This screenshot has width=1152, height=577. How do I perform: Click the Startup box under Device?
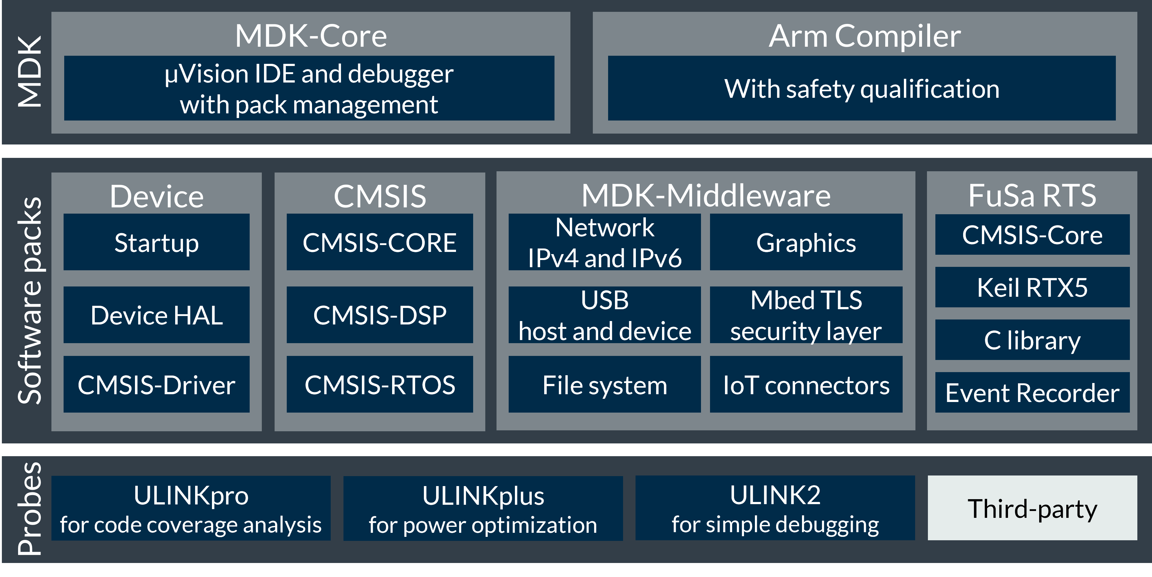click(156, 242)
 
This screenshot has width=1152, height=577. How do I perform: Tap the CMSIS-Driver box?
click(156, 384)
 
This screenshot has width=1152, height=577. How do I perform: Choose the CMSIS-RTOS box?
click(380, 384)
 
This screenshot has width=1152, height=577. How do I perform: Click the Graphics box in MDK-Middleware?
click(806, 242)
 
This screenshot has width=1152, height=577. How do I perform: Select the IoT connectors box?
click(806, 384)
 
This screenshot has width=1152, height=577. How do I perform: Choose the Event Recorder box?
click(1032, 392)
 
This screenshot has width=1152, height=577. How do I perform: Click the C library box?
click(1032, 340)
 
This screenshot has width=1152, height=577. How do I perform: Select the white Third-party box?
click(1032, 508)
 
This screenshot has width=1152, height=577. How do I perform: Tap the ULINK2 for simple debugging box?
click(775, 508)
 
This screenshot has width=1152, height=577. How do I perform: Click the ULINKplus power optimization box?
click(483, 508)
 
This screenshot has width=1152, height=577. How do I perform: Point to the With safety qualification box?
click(861, 88)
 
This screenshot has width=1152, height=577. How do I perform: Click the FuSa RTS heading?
click(1032, 195)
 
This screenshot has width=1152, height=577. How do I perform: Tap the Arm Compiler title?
click(864, 36)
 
